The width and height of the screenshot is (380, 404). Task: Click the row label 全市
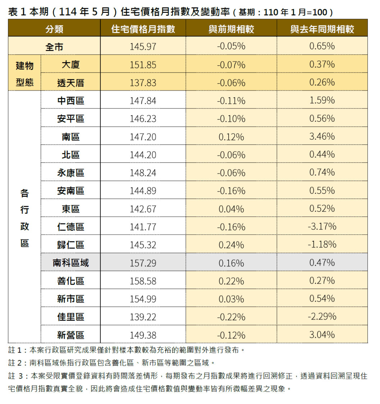(x=54, y=46)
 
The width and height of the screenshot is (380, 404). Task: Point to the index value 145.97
(x=143, y=46)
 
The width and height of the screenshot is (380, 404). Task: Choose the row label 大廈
(x=70, y=65)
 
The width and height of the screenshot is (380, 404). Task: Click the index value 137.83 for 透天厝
(x=143, y=83)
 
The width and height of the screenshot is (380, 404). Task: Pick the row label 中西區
(x=70, y=101)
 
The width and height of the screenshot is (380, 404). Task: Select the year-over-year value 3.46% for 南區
(x=322, y=136)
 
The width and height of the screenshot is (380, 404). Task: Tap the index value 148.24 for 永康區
(x=143, y=173)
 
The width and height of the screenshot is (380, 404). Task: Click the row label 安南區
(x=70, y=191)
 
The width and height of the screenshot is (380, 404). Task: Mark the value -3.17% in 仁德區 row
(x=322, y=227)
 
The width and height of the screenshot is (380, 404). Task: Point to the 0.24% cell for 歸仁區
(x=231, y=245)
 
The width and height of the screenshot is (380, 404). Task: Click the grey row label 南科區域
(x=70, y=263)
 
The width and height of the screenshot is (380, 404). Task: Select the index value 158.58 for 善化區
(x=143, y=281)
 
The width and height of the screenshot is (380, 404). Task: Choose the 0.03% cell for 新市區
(x=231, y=299)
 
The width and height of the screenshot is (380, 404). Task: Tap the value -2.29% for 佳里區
(x=322, y=317)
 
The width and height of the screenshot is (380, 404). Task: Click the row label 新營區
(x=70, y=335)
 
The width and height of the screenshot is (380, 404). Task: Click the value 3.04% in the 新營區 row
(x=322, y=335)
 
